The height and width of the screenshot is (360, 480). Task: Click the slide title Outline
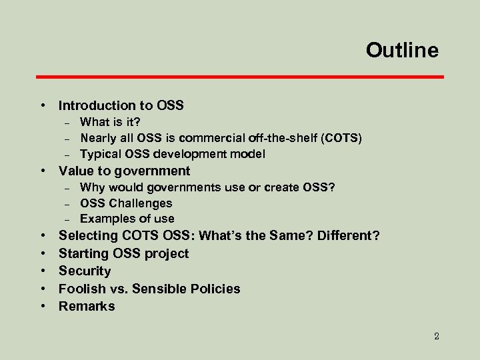(402, 51)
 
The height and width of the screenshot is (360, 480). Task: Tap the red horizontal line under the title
(240, 77)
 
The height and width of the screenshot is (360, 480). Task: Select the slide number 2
(436, 336)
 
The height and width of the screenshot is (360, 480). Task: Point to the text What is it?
(110, 121)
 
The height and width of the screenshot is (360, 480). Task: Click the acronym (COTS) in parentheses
(341, 138)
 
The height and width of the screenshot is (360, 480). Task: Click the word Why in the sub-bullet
(92, 187)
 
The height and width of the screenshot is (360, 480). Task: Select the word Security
(85, 271)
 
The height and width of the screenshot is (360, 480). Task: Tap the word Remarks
(87, 306)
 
